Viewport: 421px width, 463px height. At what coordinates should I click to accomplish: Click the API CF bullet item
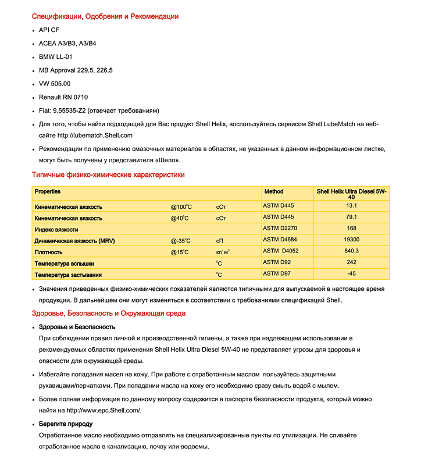(49, 30)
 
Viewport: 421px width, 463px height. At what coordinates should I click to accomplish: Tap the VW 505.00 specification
(55, 83)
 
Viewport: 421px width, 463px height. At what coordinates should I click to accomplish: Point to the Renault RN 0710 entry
(63, 97)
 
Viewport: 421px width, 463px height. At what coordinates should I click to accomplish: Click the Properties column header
(48, 191)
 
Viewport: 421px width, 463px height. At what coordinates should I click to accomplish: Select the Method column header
(274, 191)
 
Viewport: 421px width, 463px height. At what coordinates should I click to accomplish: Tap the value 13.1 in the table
(351, 206)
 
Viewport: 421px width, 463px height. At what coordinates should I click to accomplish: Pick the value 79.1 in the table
(351, 218)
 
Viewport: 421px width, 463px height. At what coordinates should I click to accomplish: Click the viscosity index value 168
(351, 229)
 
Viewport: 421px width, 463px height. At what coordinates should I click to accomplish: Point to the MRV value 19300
(351, 240)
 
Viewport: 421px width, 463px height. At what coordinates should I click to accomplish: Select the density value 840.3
(351, 251)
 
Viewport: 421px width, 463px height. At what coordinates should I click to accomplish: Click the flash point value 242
(351, 262)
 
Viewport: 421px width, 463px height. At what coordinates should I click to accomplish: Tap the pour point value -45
(351, 273)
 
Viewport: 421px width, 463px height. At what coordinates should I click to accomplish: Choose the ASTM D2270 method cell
(280, 229)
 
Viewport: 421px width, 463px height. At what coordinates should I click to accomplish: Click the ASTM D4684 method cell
(280, 240)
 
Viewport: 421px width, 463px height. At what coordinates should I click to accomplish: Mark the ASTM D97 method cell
(277, 273)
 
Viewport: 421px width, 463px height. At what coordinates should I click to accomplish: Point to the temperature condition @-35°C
(181, 240)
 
